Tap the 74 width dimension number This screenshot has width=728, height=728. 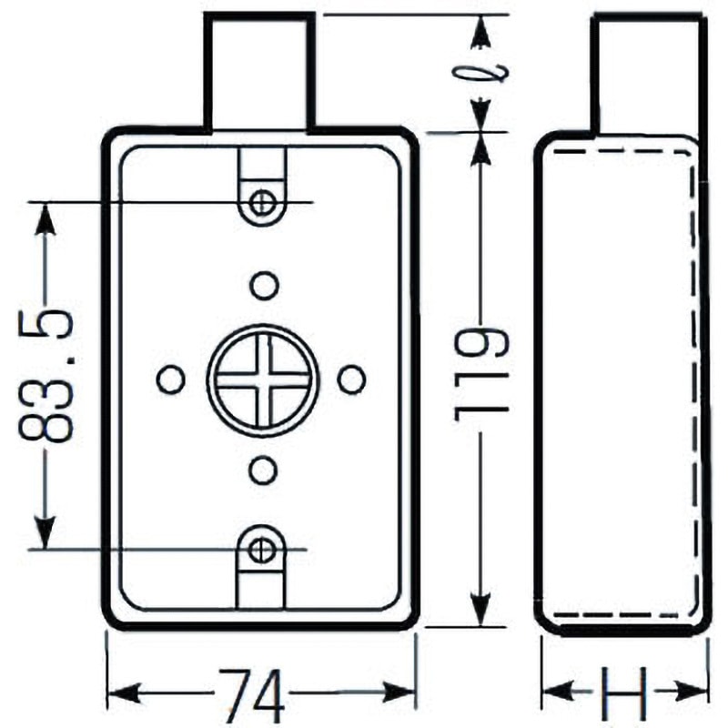point(251,693)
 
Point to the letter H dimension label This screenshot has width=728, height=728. point(625,693)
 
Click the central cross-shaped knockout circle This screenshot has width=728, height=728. point(263,378)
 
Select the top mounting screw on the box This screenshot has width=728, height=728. point(263,201)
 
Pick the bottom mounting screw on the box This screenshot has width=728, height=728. point(262,549)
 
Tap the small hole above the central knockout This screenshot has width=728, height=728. point(264,286)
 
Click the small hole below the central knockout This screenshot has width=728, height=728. point(263,470)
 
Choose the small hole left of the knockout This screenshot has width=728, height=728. point(171,379)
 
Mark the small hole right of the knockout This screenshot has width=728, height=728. point(351,379)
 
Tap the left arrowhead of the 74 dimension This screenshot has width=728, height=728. point(123,693)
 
